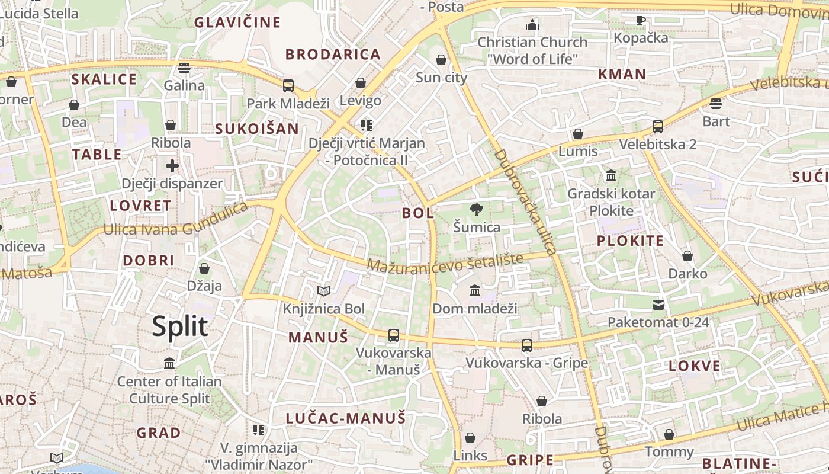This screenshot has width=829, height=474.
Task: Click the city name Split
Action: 180,326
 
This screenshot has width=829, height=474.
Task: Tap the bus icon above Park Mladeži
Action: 288,86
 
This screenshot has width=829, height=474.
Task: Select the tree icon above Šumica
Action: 475,209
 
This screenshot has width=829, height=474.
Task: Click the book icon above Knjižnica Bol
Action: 323,291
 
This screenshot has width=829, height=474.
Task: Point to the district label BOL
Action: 418,213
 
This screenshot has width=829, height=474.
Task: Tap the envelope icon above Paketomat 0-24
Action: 658,305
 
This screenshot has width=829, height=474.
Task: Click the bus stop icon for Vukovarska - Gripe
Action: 526,345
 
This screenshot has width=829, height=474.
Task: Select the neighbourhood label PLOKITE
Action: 630,241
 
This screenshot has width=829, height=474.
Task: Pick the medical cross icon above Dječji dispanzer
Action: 172,166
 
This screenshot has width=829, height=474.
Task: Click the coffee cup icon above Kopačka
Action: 641,20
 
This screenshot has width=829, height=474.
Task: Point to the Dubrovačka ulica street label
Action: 525,201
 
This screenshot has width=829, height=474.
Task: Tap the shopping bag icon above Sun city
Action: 441,60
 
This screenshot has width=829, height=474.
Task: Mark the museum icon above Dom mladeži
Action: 475,291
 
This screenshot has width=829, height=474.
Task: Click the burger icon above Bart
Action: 716,104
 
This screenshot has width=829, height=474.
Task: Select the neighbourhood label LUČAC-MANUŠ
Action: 346,418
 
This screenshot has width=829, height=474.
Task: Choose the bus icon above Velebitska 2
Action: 657,127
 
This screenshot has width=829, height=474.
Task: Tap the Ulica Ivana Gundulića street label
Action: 175,219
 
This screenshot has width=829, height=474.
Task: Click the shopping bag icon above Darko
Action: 687,256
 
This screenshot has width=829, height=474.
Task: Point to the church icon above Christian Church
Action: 532,25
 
